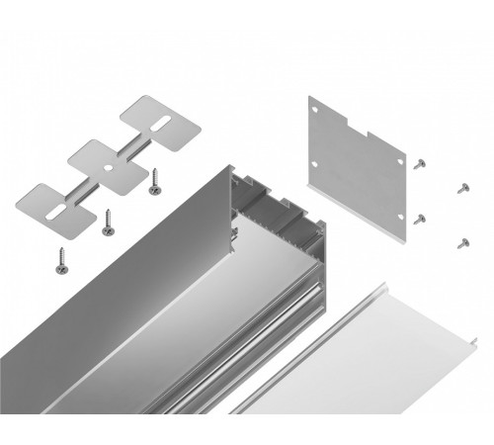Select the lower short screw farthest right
(x=460, y=240)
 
